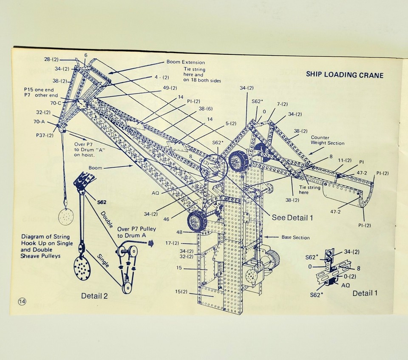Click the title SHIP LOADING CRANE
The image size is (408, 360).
point(345,75)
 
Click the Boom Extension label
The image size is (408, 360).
point(185,62)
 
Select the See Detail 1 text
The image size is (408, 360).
point(292,218)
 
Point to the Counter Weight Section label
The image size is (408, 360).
point(327,140)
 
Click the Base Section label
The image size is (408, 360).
point(296,237)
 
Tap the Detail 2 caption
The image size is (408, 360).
point(94,295)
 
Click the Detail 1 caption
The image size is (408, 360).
point(365,293)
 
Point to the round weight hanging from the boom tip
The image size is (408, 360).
point(65,217)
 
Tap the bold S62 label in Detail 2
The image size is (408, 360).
point(102,202)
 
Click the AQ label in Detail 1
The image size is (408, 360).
point(346,285)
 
